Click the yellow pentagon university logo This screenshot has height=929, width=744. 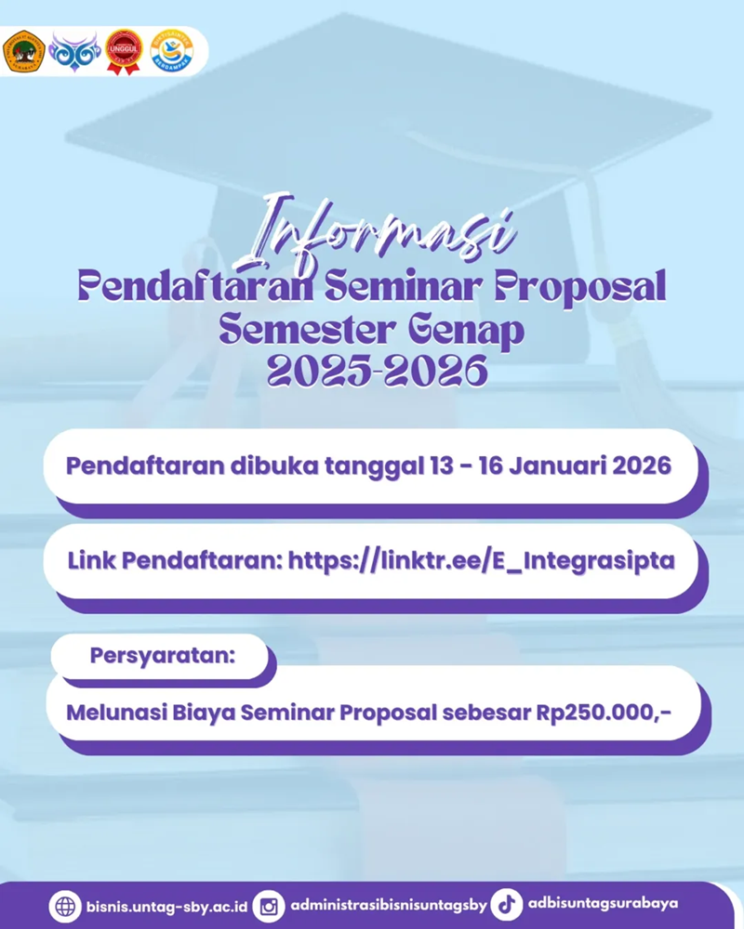point(23,52)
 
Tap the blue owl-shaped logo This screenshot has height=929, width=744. point(73,51)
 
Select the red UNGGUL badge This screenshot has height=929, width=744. point(124,52)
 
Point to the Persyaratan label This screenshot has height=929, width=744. point(163,655)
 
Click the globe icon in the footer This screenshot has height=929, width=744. point(65,905)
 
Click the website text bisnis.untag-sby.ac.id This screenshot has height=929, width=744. point(166,905)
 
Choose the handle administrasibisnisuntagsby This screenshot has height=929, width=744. point(388,905)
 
